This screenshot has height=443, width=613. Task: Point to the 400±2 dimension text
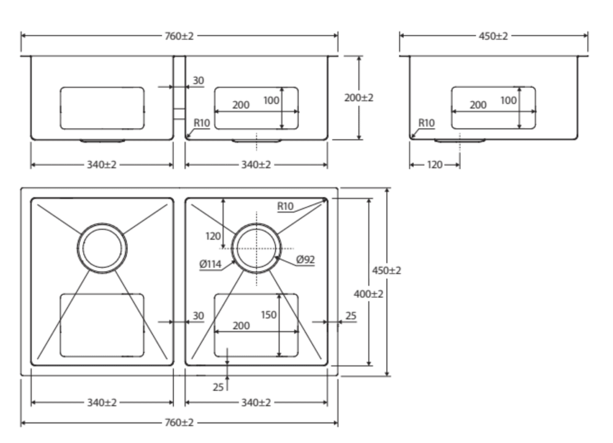pyautogui.click(x=369, y=294)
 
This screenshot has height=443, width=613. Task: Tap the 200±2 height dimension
pyautogui.click(x=359, y=97)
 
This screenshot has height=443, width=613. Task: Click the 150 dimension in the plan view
pyautogui.click(x=268, y=314)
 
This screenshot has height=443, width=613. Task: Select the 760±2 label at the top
pyautogui.click(x=179, y=36)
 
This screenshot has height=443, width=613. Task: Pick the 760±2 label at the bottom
pyautogui.click(x=179, y=423)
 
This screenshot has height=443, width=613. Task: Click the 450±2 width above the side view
pyautogui.click(x=493, y=36)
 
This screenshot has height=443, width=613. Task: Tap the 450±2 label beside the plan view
pyautogui.click(x=387, y=270)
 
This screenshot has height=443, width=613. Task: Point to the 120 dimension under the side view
pyautogui.click(x=434, y=165)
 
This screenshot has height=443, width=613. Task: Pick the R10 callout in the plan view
pyautogui.click(x=286, y=206)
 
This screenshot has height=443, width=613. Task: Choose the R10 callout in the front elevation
pyautogui.click(x=202, y=123)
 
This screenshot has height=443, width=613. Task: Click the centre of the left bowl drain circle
pyautogui.click(x=102, y=248)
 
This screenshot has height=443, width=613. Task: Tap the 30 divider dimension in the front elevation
pyautogui.click(x=199, y=80)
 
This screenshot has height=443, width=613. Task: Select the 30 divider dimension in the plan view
pyautogui.click(x=199, y=316)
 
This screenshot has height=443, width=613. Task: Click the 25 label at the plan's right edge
pyautogui.click(x=350, y=316)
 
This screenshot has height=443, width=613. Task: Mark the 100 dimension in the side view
pyautogui.click(x=508, y=100)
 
